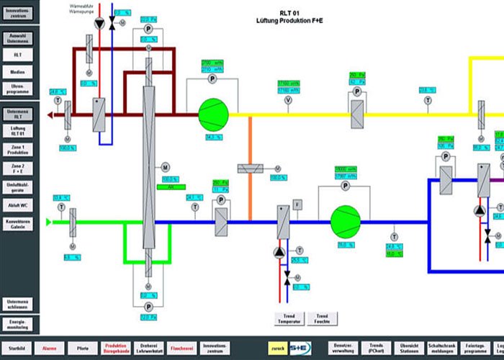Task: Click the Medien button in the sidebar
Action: [x=17, y=73]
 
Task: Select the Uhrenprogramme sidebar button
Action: [x=17, y=89]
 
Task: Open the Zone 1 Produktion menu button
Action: [x=17, y=150]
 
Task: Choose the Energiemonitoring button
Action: [x=17, y=323]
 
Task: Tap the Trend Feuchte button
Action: [x=322, y=318]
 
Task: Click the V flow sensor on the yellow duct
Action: [x=289, y=101]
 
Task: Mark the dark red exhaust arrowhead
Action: [x=50, y=114]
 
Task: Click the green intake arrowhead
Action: [x=50, y=222]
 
